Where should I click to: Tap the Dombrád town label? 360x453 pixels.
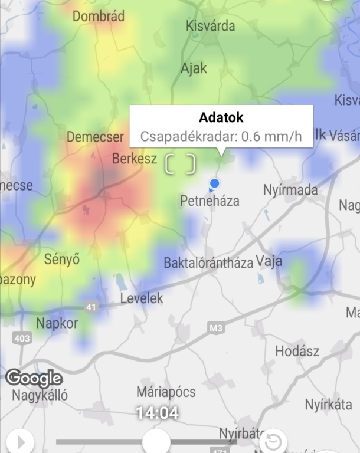(99, 16)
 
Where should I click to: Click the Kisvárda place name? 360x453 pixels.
(210, 26)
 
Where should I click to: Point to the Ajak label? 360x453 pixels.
(194, 68)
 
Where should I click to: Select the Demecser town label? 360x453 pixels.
(95, 137)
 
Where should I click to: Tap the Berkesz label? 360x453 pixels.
(135, 158)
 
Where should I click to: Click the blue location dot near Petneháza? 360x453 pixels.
(215, 183)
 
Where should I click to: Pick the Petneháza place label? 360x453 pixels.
(210, 201)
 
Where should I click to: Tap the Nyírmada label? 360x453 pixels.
(290, 190)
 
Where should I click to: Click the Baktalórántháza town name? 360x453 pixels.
(208, 262)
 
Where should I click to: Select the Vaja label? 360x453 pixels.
(269, 261)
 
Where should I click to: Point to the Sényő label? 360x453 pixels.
(62, 259)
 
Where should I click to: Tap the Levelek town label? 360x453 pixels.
(142, 298)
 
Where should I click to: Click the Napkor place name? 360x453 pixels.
(57, 323)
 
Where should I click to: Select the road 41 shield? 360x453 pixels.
(91, 307)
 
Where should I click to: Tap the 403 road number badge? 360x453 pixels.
(22, 338)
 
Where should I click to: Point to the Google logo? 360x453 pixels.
(34, 378)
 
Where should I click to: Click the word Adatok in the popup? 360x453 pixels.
(221, 117)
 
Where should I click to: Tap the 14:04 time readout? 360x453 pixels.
(157, 413)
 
